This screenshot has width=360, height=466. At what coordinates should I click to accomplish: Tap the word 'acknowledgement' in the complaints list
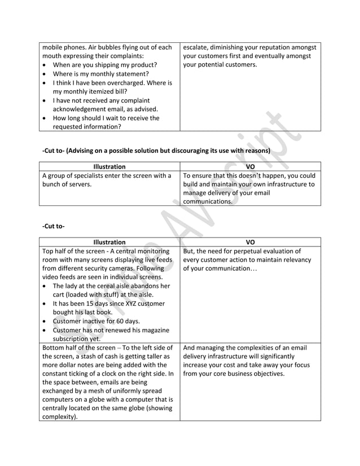(80, 109)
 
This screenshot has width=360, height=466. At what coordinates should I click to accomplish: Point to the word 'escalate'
(196, 47)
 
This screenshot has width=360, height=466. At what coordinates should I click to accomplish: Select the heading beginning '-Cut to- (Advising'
(156, 151)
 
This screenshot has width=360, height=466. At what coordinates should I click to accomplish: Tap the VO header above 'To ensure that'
(251, 166)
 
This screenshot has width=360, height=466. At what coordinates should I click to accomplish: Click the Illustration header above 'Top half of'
(109, 242)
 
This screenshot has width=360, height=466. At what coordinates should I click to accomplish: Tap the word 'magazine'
(151, 330)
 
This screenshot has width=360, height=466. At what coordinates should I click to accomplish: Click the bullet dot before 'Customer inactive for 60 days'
(45, 322)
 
